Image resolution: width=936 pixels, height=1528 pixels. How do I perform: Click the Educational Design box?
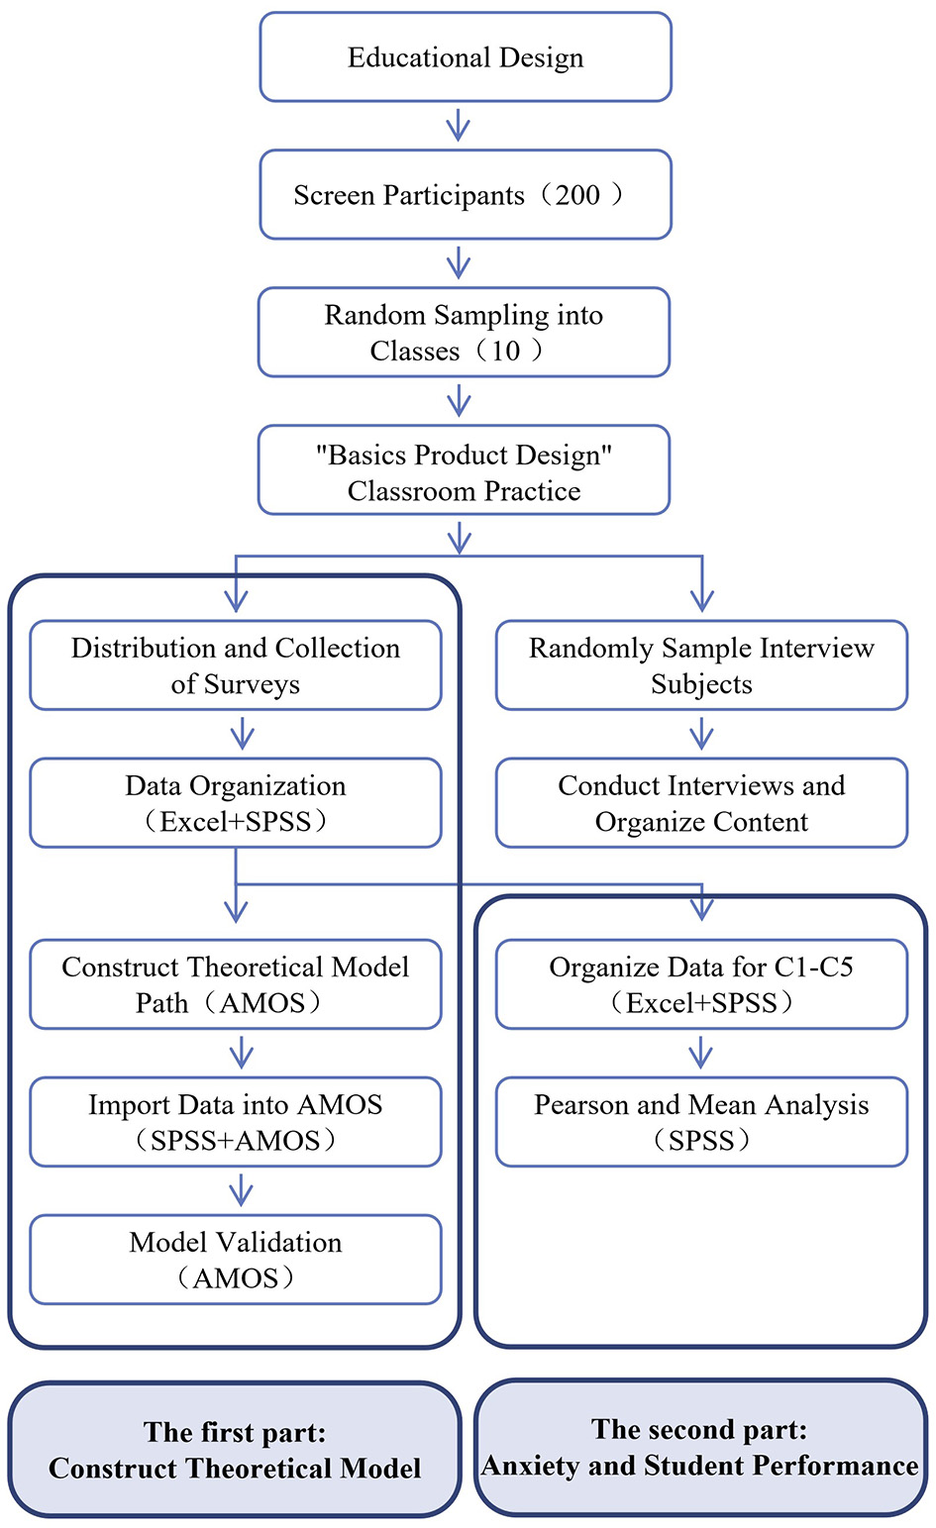coord(466,57)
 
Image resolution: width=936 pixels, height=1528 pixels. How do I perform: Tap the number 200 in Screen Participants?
coord(577,195)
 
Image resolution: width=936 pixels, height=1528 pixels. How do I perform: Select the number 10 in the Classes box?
coord(505,352)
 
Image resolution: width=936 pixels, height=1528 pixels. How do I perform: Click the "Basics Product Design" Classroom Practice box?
coord(464,471)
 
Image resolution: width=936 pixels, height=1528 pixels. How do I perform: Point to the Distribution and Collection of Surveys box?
coord(236,665)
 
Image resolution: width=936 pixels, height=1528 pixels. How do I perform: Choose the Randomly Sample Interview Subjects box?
coord(701,665)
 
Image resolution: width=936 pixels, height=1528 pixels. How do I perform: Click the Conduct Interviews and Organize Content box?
coord(701,803)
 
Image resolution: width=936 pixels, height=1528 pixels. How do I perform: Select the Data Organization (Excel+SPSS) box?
coord(236,803)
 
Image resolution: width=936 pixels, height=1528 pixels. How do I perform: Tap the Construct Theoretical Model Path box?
coord(236,984)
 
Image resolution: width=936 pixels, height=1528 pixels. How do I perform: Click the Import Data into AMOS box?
coord(236,1122)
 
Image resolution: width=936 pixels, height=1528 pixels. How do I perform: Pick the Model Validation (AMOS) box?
coord(236,1260)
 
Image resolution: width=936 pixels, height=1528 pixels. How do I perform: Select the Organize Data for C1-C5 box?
coord(701,984)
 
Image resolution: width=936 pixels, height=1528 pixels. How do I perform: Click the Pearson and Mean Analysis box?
coord(701,1122)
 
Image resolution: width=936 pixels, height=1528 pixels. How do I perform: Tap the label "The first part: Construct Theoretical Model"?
coord(235,1450)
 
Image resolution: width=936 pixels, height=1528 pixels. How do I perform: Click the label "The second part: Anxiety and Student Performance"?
coord(700,1448)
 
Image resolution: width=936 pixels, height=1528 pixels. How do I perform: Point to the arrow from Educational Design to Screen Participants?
coord(458,126)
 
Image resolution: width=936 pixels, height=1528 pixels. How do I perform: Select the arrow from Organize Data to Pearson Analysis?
coord(701,1053)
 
